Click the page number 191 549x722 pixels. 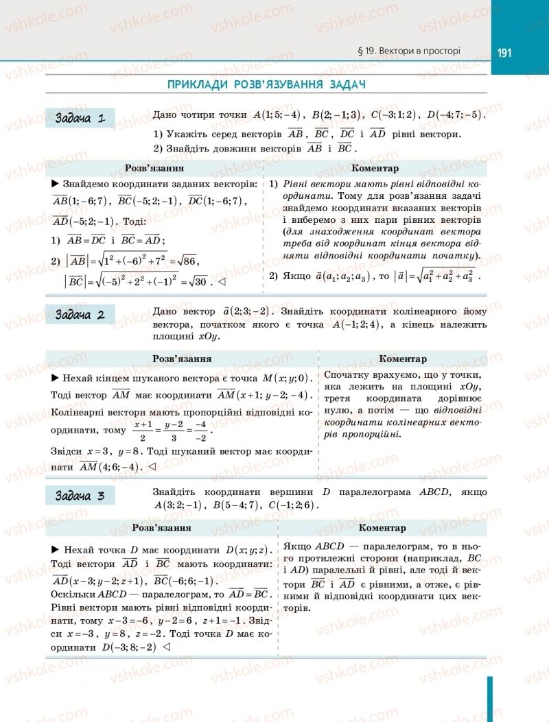[x=506, y=53]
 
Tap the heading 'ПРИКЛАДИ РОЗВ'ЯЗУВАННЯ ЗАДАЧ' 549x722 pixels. [x=266, y=84]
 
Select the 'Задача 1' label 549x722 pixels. [x=80, y=118]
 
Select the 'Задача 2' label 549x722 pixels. [x=80, y=315]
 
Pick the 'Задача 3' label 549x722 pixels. [x=80, y=496]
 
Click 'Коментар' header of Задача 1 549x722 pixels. [x=375, y=168]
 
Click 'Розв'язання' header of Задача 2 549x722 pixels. [x=181, y=359]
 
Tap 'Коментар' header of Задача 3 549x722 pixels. [x=382, y=528]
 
